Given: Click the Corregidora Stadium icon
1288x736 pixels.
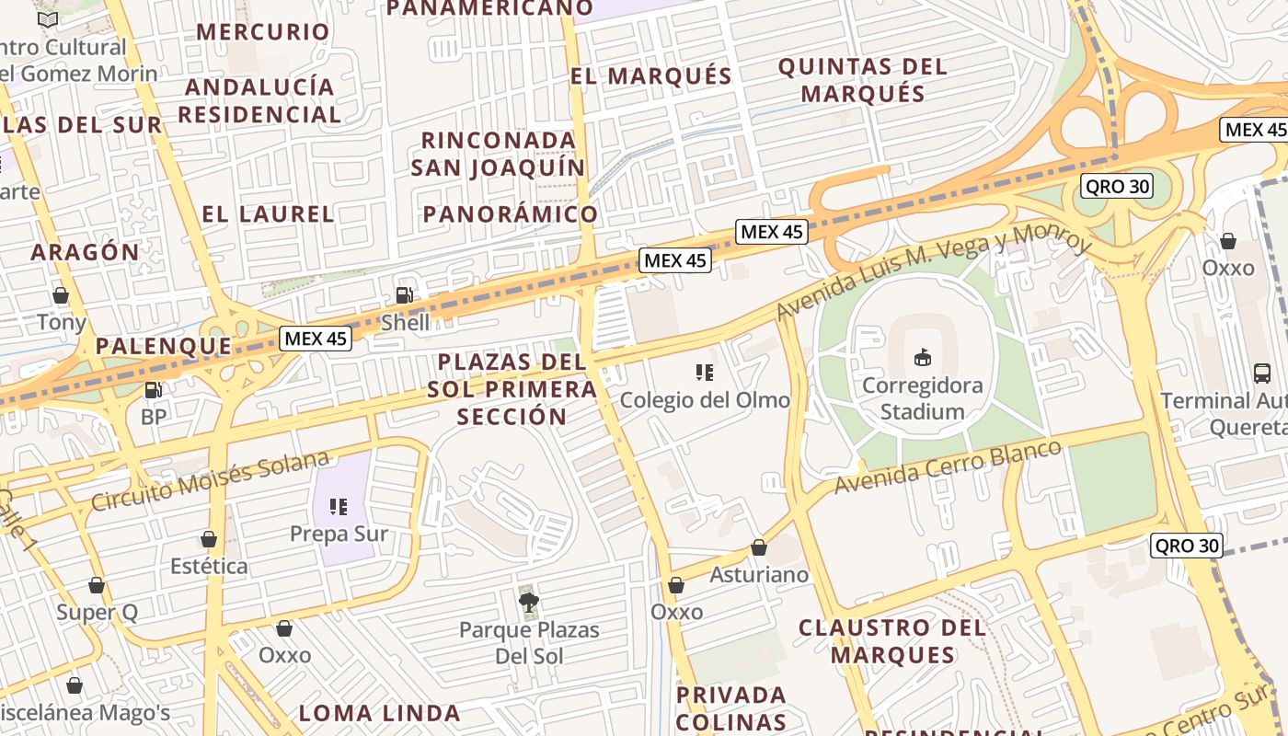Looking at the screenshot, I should click(922, 357).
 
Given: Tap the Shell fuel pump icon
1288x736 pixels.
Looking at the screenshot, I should click(404, 295).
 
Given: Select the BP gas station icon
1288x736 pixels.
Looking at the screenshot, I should click(153, 390).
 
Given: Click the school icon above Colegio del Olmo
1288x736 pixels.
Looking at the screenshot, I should click(705, 373).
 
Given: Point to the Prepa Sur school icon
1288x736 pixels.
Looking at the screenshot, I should click(339, 506).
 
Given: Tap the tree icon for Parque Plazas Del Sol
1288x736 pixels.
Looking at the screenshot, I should click(528, 603).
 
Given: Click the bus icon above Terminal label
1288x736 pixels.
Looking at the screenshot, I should click(1262, 374).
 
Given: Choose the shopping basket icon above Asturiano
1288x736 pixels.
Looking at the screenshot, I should click(759, 547).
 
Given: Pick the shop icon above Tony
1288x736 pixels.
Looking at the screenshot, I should click(61, 295).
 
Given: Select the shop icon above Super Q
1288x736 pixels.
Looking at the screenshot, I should click(97, 585).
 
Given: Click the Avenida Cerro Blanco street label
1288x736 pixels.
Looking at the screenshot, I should click(948, 466).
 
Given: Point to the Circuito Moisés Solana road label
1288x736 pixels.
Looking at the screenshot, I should click(210, 481).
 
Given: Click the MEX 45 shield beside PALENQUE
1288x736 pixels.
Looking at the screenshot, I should click(316, 339).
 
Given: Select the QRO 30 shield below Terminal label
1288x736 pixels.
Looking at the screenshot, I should click(1186, 546).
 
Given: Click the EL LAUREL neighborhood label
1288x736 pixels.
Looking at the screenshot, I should click(268, 214).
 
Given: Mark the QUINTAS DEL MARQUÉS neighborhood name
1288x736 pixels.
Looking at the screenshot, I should click(862, 80).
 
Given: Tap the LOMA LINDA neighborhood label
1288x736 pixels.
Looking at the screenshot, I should click(379, 713).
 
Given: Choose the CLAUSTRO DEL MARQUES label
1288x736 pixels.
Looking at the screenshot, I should click(891, 641).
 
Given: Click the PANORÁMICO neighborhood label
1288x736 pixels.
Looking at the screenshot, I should click(510, 214).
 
